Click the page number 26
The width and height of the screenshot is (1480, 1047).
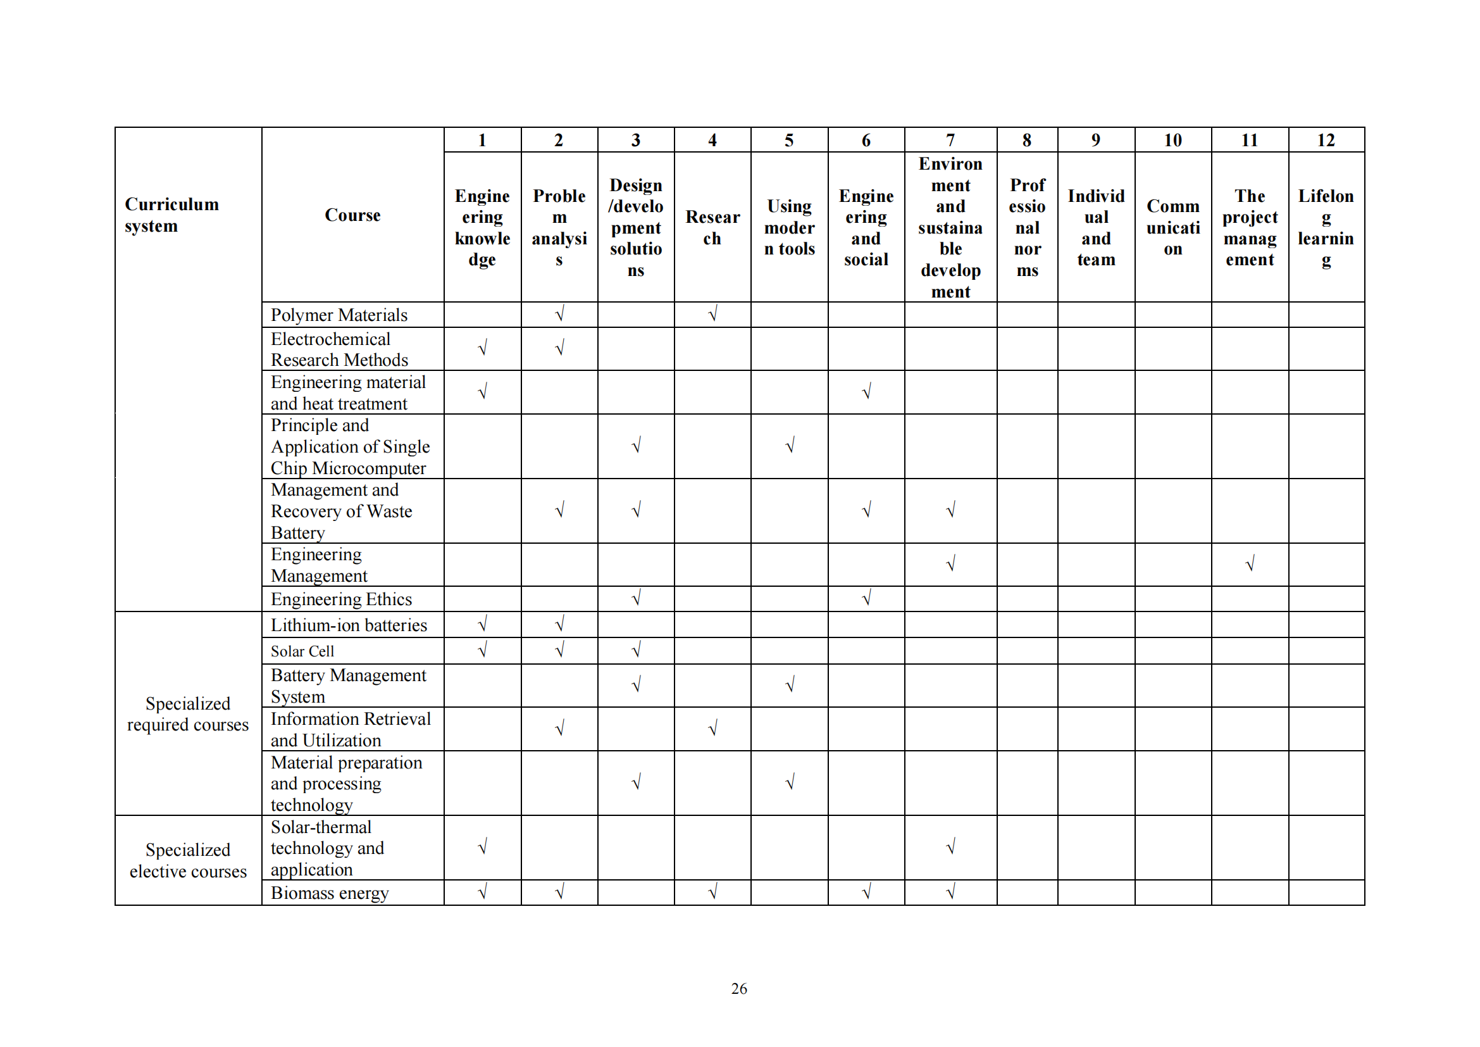coord(738,988)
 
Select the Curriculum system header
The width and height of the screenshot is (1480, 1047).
coord(171,215)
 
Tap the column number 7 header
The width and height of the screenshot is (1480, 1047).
coord(950,140)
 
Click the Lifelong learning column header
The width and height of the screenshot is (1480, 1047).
coord(1326,228)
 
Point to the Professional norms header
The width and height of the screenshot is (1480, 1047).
coord(1027,228)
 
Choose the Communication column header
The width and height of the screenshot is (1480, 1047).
coord(1172,228)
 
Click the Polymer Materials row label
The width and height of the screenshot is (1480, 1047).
coord(339,315)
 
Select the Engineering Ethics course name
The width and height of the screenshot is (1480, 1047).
coord(341,599)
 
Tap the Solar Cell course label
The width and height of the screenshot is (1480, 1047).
coord(302,651)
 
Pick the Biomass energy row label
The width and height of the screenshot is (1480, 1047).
coord(330,893)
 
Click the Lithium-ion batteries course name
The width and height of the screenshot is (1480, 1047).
coord(349,625)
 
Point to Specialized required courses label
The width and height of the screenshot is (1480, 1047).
coord(187,713)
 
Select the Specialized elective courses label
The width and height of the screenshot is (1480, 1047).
coord(187,861)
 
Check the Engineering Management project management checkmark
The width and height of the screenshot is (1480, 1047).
coord(1250,565)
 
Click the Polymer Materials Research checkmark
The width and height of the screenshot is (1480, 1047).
coord(712,314)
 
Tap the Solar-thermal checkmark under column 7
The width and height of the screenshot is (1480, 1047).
coord(950,846)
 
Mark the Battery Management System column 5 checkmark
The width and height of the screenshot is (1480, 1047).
coord(790,685)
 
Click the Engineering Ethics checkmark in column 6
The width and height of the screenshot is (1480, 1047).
coord(866,598)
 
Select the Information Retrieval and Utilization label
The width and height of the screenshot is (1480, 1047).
coord(351,729)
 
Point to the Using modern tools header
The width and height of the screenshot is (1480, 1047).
coord(790,228)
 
